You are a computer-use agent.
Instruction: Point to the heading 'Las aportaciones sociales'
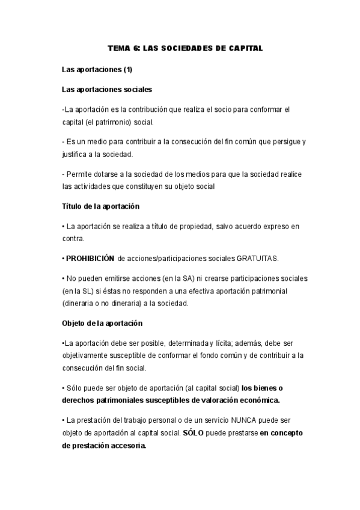click(x=107, y=90)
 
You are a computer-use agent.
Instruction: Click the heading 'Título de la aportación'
click(x=100, y=206)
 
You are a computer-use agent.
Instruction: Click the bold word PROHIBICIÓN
click(x=90, y=258)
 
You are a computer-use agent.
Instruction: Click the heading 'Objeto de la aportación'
click(x=102, y=323)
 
